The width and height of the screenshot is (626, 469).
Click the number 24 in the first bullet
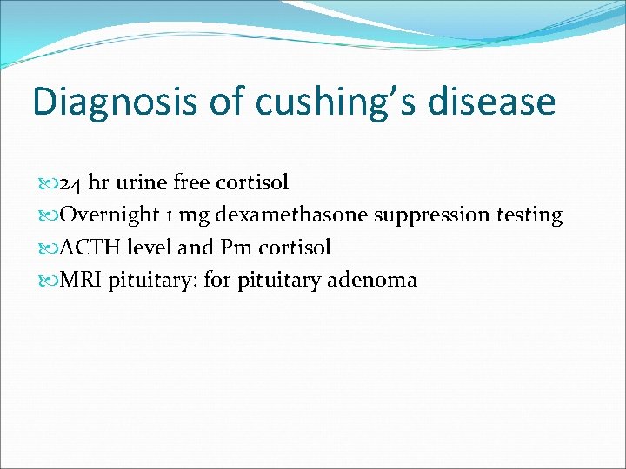[72, 183]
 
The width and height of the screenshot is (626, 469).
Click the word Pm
[235, 248]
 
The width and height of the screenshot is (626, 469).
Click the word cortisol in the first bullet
[254, 183]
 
